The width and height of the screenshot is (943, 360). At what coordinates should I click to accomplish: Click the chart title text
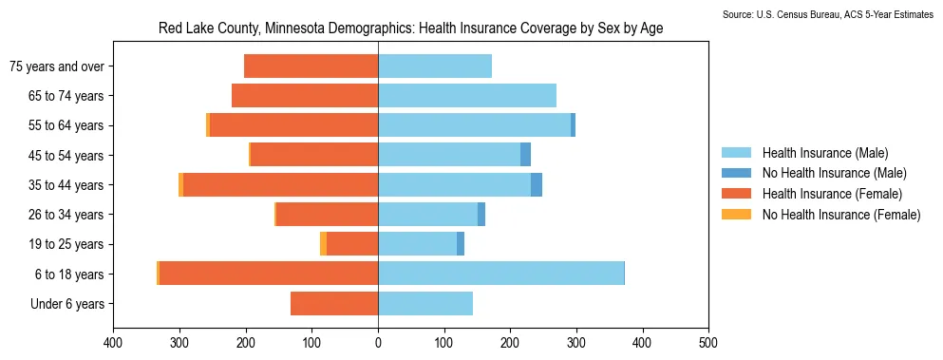click(x=411, y=28)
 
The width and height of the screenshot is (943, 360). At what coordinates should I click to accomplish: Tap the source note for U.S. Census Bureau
click(x=832, y=14)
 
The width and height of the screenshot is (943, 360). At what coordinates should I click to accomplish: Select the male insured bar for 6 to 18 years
click(x=501, y=274)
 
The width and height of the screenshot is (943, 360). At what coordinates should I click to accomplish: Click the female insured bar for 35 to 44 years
click(x=281, y=185)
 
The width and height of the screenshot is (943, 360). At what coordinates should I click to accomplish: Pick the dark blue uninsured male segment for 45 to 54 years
click(x=525, y=155)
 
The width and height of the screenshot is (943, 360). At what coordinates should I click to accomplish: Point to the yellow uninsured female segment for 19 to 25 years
click(x=323, y=244)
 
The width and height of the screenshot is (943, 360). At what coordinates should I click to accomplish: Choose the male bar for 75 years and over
click(x=435, y=66)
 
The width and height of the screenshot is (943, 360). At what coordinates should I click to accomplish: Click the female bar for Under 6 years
click(x=334, y=303)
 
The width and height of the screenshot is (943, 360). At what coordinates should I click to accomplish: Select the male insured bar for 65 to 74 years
click(x=467, y=96)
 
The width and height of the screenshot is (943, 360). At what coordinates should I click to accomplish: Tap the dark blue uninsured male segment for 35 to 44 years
click(x=537, y=185)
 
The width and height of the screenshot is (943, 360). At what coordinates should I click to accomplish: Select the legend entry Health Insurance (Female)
click(x=812, y=194)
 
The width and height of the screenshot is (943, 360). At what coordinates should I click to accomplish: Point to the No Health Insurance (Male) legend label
click(x=834, y=174)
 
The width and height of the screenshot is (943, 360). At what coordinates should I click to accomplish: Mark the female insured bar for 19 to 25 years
click(x=352, y=244)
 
